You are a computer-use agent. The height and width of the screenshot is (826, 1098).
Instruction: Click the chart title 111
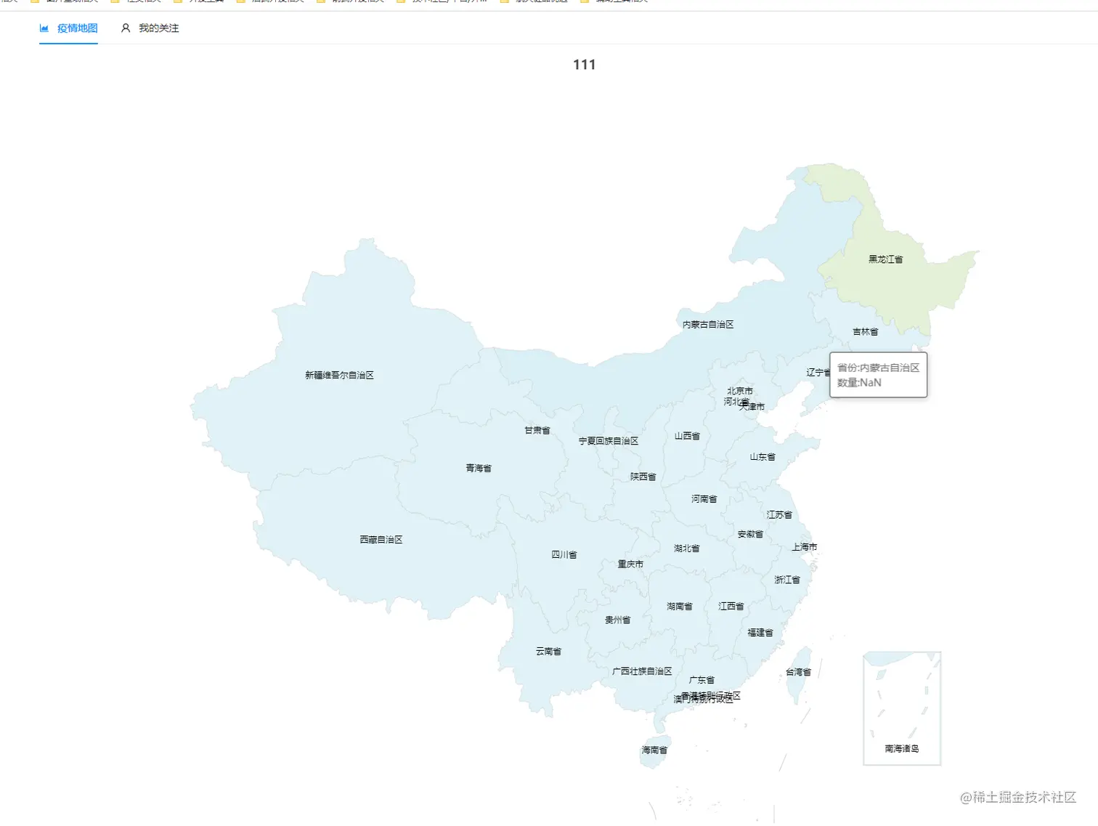pos(584,65)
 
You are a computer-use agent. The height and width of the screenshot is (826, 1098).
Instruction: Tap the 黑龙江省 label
pos(885,259)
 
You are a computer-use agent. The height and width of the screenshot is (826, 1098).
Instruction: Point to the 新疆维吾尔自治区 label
pos(339,376)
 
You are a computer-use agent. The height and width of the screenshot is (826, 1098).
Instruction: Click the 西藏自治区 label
pos(381,540)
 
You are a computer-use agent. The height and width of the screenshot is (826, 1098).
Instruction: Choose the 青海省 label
pos(479,469)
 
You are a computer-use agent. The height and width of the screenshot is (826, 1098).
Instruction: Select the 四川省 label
pos(564,555)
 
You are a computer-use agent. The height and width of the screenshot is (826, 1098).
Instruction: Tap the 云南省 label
pos(548,652)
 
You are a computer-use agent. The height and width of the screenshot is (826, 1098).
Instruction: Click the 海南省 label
pos(654,750)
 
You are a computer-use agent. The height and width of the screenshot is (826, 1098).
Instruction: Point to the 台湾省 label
pos(798,673)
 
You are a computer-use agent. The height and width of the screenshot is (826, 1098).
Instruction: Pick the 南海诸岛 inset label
pos(902,749)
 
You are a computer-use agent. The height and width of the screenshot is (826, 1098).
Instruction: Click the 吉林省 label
pos(865,332)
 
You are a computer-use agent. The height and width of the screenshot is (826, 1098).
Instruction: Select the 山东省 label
pos(762,457)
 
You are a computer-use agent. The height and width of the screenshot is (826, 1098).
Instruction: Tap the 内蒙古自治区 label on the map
pos(708,325)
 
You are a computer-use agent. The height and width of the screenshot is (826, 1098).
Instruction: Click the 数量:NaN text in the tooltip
pos(859,383)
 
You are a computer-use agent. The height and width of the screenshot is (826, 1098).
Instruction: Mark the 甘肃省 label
pos(537,431)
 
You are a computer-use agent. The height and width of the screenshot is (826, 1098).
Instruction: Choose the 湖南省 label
pos(680,607)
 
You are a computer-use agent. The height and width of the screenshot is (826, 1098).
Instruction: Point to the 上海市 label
pos(805,547)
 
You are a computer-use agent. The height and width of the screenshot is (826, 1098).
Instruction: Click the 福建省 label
pos(760,633)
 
